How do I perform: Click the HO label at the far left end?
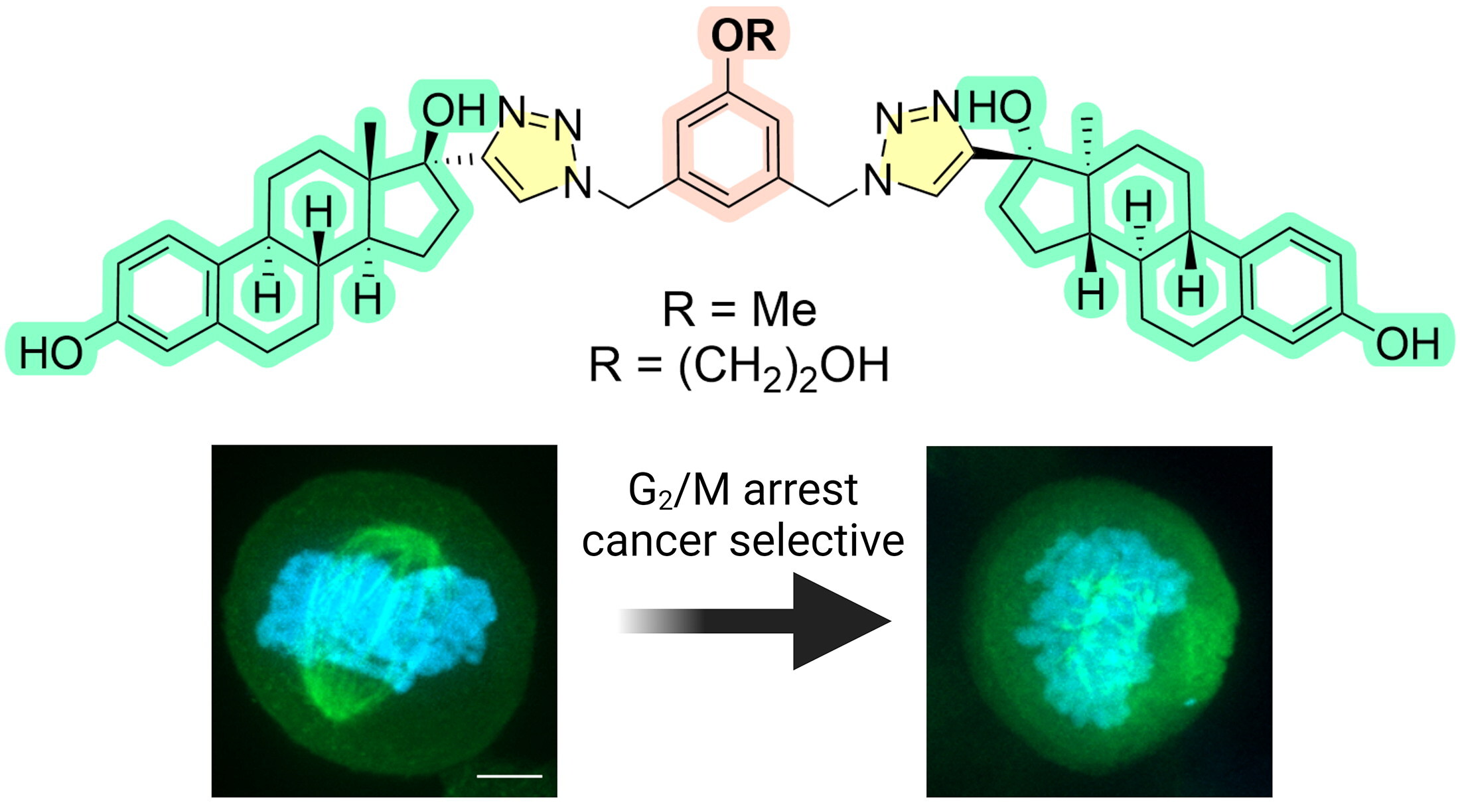pos(50,352)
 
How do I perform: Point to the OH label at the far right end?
pos(1407,344)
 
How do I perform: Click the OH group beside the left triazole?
pos(454,110)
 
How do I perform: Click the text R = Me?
pos(739,310)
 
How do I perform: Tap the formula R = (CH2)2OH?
pos(739,367)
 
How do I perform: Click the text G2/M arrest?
pos(743,491)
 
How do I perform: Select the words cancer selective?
pos(743,541)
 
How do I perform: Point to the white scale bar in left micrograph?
pos(509,774)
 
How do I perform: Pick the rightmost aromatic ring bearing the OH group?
pos(1291,285)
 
